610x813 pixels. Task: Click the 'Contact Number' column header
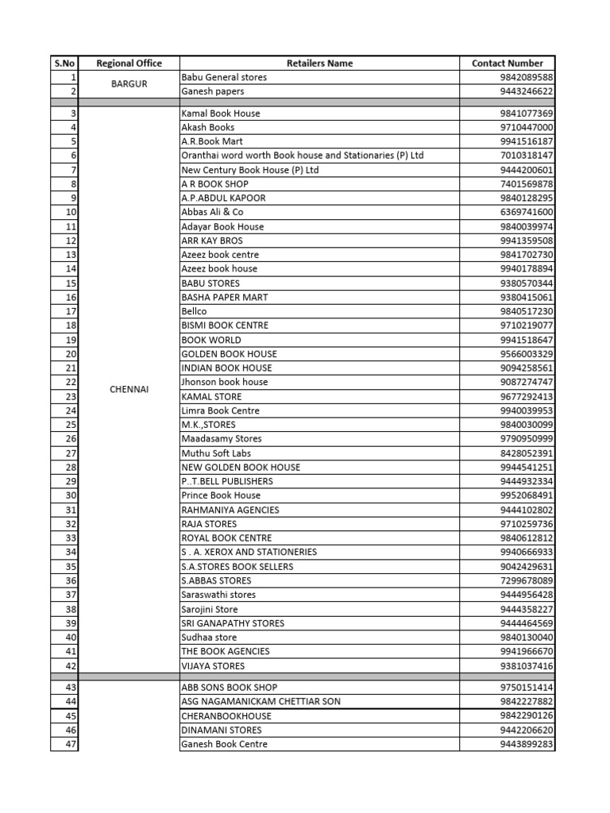tap(507, 64)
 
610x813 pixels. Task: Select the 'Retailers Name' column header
tap(319, 64)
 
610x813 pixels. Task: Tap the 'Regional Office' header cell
tap(129, 64)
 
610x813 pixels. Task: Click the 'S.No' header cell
tap(64, 64)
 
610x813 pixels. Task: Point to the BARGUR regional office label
tap(129, 84)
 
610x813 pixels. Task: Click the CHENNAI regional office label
tap(129, 390)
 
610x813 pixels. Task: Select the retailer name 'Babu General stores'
tap(224, 78)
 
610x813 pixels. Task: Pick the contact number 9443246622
tap(527, 92)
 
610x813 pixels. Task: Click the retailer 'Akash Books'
tap(208, 127)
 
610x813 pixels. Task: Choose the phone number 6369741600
tap(527, 212)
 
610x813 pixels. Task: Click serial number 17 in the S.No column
tap(71, 311)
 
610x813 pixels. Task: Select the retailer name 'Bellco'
tap(195, 311)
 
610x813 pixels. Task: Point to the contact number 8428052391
tap(527, 453)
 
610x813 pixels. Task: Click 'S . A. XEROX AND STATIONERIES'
tap(249, 552)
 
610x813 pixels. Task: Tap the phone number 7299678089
tap(527, 581)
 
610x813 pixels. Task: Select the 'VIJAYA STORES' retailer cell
tap(213, 666)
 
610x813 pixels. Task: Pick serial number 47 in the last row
tap(71, 745)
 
